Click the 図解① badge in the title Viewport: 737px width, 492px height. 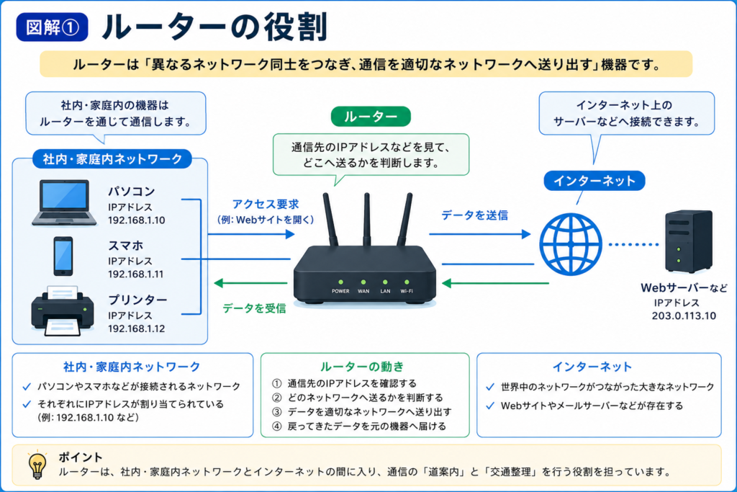(52, 27)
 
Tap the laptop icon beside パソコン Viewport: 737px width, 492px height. (64, 202)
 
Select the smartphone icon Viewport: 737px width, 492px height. (63, 256)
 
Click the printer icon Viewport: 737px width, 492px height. (63, 311)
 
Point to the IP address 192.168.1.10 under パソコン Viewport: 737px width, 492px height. (136, 220)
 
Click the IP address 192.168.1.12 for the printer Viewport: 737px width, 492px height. (136, 328)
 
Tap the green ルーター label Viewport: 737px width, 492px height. (371, 117)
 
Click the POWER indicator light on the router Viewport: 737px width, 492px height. (340, 282)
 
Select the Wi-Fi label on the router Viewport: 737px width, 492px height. (407, 291)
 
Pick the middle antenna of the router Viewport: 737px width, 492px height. (366, 219)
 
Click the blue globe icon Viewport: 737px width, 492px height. (571, 244)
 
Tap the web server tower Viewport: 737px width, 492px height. (689, 241)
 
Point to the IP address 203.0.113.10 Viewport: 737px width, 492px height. (684, 316)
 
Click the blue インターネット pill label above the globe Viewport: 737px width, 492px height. (594, 181)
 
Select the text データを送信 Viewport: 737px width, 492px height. (475, 215)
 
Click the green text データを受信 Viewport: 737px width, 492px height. (254, 308)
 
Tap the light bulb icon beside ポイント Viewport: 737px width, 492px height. (37, 465)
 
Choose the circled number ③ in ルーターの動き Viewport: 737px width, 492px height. (277, 412)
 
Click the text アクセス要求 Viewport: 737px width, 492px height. (266, 204)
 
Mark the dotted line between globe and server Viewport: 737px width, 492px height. (633, 245)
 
